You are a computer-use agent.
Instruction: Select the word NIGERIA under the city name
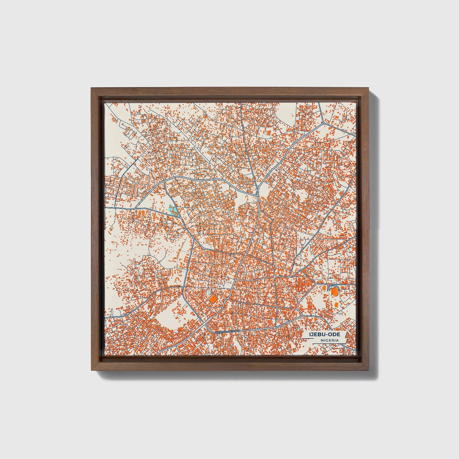coord(329,340)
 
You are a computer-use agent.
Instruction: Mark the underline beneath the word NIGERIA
coord(329,343)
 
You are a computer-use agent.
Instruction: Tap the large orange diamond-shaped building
coord(213,299)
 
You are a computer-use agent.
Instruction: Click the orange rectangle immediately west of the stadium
coord(325,288)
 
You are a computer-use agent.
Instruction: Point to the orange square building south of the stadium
coord(335,304)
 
